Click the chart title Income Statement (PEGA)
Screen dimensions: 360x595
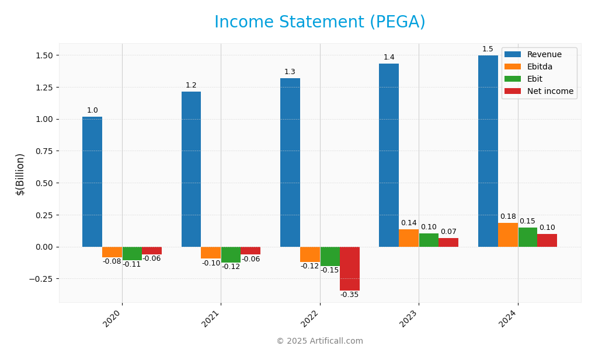319,23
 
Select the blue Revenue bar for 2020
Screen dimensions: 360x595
92,181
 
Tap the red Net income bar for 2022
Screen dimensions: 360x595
349,268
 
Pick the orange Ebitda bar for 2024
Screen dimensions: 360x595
507,235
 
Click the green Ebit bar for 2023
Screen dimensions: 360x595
429,240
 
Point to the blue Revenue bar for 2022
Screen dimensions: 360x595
290,162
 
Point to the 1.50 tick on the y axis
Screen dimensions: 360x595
40,55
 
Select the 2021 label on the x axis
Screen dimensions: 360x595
211,319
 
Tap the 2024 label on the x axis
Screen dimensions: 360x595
508,319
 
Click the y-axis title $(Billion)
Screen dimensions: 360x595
20,174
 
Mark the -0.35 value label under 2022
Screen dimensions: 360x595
349,295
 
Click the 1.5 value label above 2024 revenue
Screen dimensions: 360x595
488,49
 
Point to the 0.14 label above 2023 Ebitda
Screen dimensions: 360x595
409,223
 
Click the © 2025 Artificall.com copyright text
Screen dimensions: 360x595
319,341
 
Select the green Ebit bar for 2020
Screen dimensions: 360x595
132,253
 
